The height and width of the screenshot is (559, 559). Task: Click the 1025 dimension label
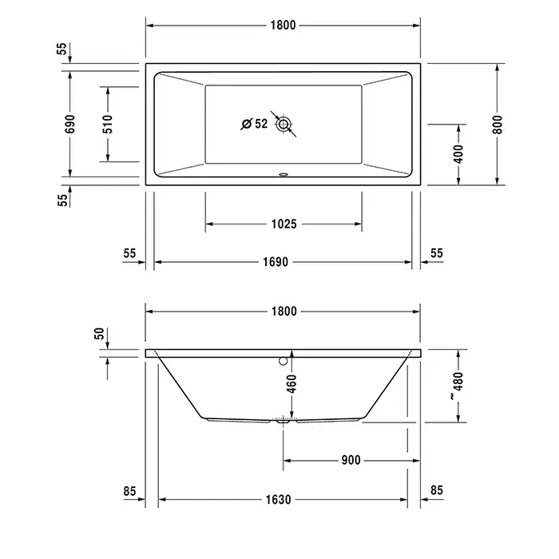[283, 224]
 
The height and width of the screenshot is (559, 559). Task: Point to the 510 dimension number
[108, 124]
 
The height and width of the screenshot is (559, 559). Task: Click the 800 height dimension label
[498, 124]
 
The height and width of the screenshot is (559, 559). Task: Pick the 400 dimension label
[458, 154]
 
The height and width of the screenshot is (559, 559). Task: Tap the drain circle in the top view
[283, 124]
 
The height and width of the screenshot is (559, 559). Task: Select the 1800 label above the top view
[283, 25]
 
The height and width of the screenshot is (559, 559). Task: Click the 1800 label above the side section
[283, 311]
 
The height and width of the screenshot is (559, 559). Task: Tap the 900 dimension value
[350, 460]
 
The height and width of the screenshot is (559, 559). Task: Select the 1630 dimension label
[278, 500]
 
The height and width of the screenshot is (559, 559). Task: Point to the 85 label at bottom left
[131, 490]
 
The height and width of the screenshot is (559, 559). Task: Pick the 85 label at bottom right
[436, 490]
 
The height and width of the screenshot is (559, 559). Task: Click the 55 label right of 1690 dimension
[436, 252]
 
